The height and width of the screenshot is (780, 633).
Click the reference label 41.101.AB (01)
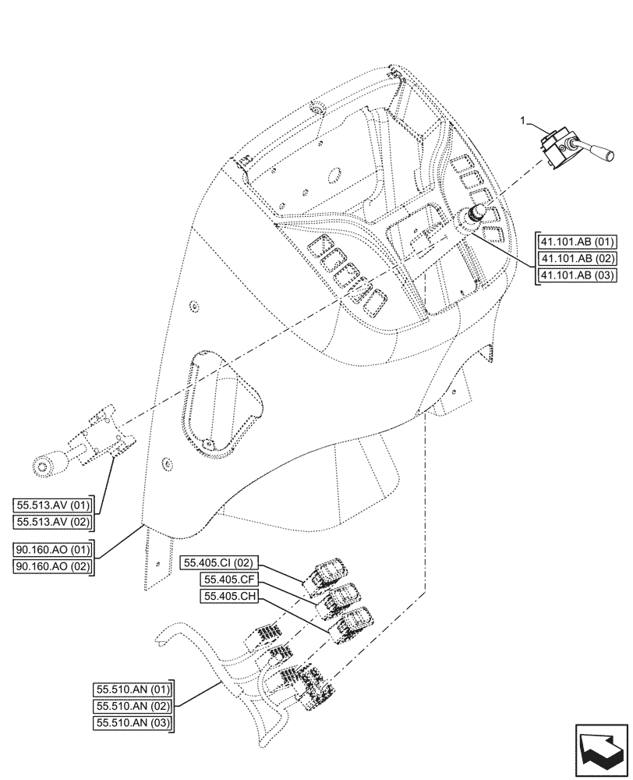(576, 240)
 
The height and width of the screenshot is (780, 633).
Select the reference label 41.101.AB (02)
(576, 257)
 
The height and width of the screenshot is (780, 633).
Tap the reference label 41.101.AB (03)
(576, 275)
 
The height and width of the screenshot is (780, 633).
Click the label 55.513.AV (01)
(52, 504)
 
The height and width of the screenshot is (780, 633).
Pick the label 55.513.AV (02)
(52, 521)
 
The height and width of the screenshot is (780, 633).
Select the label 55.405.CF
(226, 579)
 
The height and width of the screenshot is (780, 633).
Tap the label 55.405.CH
(226, 597)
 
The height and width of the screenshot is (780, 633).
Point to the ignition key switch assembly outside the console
(86, 452)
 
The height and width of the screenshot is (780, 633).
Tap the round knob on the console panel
(475, 215)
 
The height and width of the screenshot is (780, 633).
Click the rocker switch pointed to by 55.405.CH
(355, 622)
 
